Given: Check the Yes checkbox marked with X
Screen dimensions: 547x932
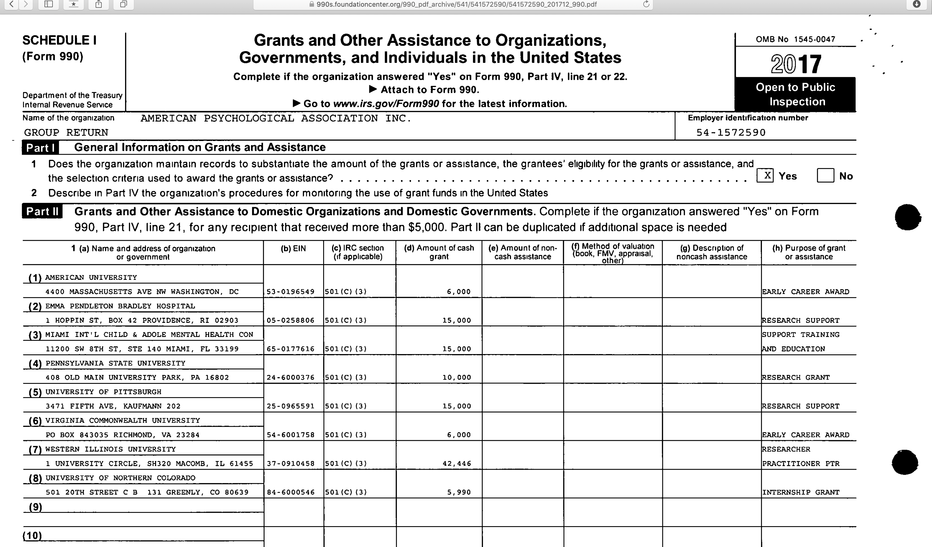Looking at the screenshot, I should click(765, 175).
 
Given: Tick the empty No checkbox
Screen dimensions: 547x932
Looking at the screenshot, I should click(825, 175).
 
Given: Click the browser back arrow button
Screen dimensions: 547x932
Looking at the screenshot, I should click(12, 4).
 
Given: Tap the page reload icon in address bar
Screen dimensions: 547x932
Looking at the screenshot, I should click(646, 4).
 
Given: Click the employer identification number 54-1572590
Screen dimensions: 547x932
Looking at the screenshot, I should click(731, 132).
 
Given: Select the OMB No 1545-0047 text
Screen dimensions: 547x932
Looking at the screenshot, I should click(795, 39).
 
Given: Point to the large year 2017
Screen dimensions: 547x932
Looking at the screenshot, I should click(796, 64).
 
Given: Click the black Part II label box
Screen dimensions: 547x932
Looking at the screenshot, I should click(42, 211).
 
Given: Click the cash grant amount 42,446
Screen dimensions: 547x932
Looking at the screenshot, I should click(457, 463).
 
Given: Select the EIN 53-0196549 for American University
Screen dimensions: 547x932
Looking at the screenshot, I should click(290, 292).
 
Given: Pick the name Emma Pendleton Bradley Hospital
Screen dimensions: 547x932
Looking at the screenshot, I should click(120, 306).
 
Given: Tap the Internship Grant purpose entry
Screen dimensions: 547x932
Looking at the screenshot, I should click(801, 492).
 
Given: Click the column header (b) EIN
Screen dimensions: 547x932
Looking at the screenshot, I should click(293, 248).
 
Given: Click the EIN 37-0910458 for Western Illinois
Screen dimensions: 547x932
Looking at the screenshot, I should click(290, 463).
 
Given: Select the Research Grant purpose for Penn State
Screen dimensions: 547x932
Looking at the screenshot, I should click(796, 377).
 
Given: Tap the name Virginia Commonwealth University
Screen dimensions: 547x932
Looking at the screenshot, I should click(123, 420).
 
